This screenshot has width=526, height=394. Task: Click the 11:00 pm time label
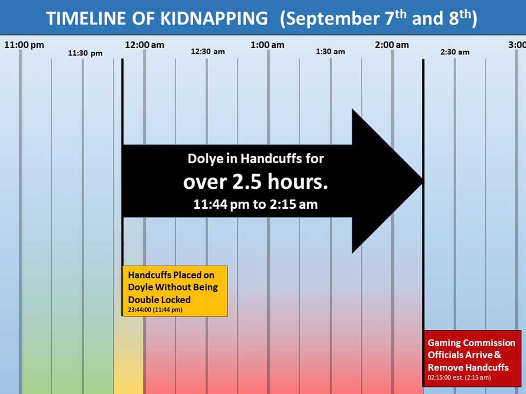click(24, 45)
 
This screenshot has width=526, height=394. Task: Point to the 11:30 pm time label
click(85, 53)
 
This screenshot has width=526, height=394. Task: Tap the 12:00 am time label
click(144, 45)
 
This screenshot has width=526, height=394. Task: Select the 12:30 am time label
click(208, 52)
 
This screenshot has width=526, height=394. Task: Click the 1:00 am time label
click(267, 45)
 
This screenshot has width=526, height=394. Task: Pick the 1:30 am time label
click(330, 52)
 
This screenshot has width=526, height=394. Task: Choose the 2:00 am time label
click(392, 45)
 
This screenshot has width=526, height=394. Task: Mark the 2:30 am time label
click(455, 52)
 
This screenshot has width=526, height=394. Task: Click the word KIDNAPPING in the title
click(214, 18)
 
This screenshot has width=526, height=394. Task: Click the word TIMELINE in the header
click(87, 18)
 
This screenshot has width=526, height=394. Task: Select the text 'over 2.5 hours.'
click(256, 182)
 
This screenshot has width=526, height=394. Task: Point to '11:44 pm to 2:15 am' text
click(256, 204)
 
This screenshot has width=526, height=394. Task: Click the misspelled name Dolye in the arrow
click(205, 159)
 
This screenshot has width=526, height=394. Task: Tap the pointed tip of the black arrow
click(423, 181)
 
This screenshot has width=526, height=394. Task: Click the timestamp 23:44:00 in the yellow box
click(140, 309)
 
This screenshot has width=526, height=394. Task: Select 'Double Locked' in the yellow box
click(159, 300)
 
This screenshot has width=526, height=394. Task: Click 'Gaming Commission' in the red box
click(472, 343)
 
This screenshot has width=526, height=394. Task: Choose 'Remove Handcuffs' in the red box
click(468, 367)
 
